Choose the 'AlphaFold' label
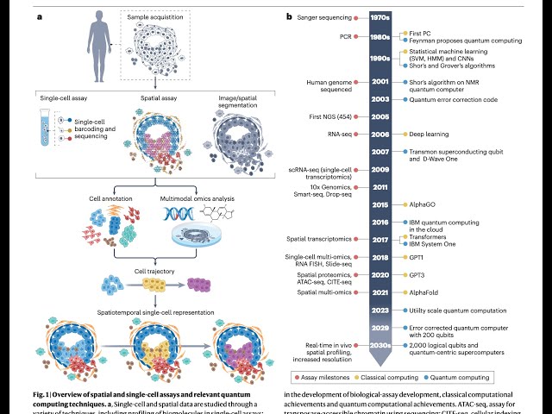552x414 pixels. point(426,292)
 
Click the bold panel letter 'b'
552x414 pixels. point(289,16)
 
